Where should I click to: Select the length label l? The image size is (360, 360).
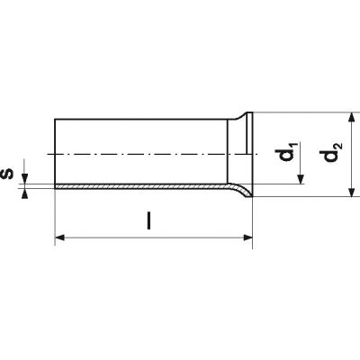point(148,220)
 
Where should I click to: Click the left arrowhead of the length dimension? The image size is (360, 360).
point(60,238)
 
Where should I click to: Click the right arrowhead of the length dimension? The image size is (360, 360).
point(247,238)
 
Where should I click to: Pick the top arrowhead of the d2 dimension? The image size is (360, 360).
point(351,117)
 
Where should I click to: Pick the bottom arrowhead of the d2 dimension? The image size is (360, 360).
point(351,192)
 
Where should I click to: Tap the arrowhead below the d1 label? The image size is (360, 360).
point(301,179)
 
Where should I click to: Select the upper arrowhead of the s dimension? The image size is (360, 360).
point(24,178)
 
